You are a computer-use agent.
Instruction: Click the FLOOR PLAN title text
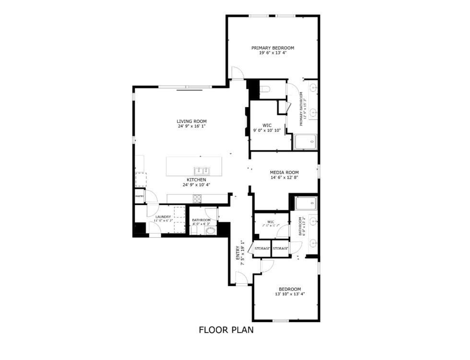[x=226, y=330]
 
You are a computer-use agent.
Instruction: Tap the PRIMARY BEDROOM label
[x=273, y=48]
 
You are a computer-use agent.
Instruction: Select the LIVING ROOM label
[x=191, y=121]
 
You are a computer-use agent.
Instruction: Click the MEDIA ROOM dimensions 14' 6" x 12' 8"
[x=284, y=178]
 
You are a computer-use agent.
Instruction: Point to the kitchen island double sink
[x=201, y=170]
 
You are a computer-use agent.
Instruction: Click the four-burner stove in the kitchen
[x=197, y=198]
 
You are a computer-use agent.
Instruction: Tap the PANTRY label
[x=139, y=196]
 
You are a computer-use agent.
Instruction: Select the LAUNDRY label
[x=163, y=217]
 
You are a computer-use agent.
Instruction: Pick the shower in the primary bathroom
[x=305, y=142]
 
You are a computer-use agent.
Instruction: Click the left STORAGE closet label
[x=262, y=248]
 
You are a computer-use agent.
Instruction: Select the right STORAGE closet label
[x=281, y=248]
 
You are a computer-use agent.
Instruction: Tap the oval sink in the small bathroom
[x=210, y=231]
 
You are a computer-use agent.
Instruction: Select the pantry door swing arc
[x=152, y=196]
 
